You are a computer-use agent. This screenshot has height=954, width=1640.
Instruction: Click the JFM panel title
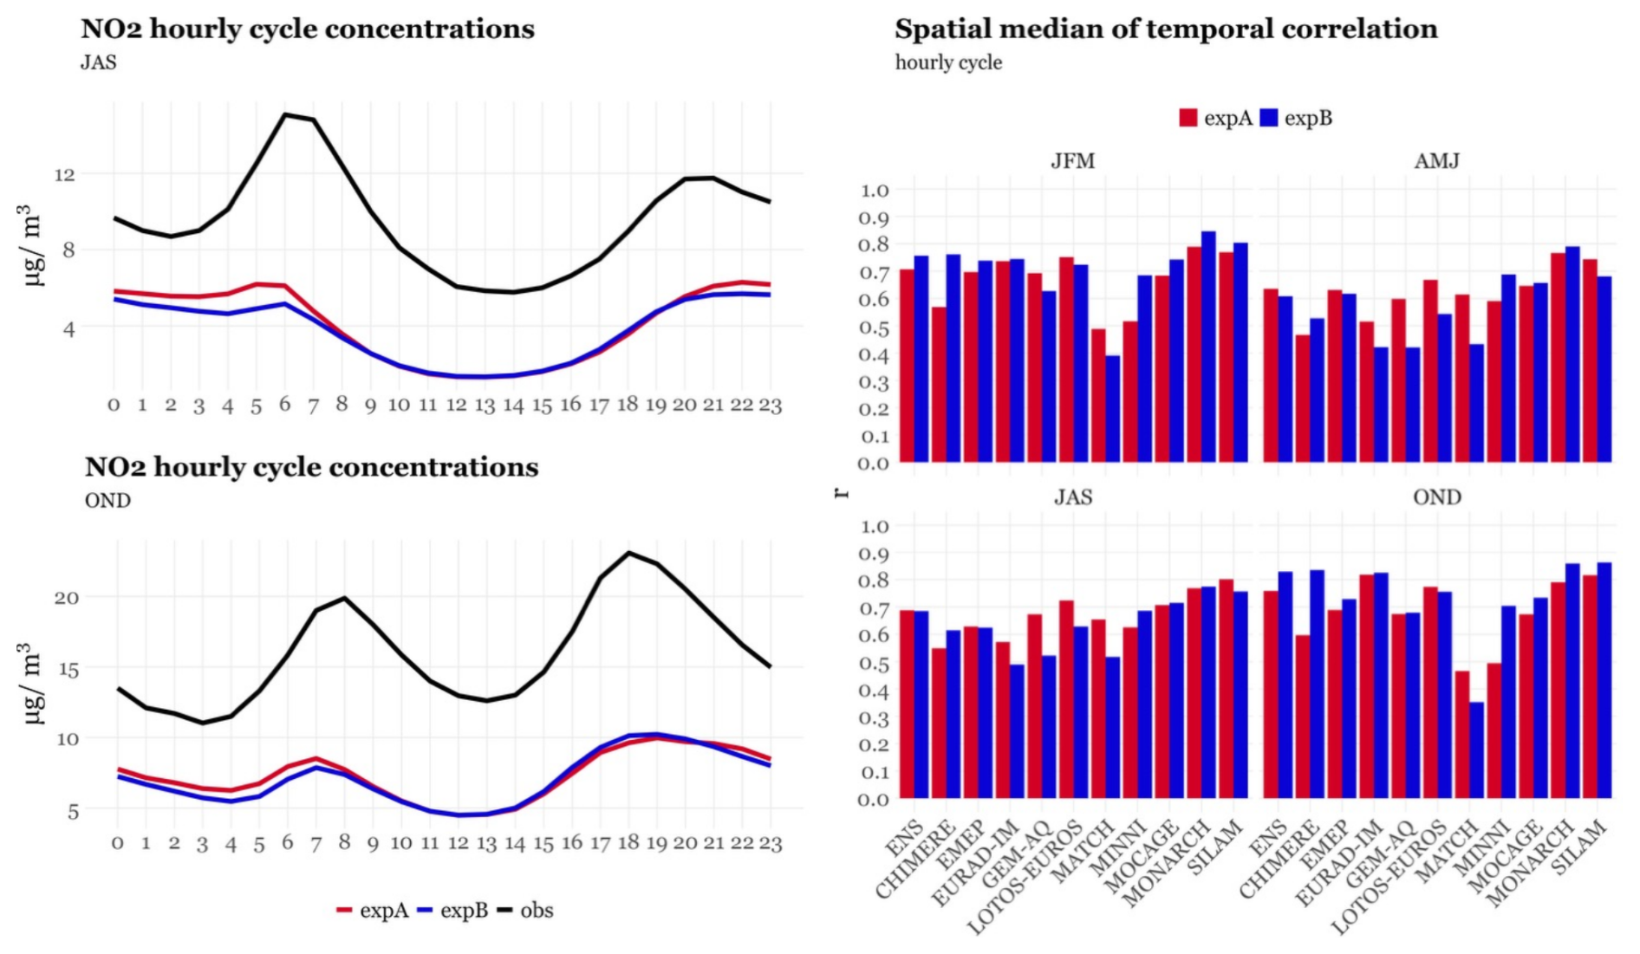tap(1072, 161)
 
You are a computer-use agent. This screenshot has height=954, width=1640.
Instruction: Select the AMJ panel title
tap(1436, 161)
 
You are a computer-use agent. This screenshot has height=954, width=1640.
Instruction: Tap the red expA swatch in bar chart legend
tap(1188, 118)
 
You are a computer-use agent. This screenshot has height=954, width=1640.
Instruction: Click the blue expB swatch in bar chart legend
tap(1268, 118)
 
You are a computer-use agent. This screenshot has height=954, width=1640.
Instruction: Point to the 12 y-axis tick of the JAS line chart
tap(64, 174)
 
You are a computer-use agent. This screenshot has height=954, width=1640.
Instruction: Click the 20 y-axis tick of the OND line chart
tap(66, 598)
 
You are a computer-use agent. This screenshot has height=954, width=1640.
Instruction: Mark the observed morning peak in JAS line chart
tap(285, 114)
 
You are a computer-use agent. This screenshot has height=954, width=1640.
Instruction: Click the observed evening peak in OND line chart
tap(628, 553)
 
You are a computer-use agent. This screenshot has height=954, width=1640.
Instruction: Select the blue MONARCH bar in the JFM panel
tap(1208, 347)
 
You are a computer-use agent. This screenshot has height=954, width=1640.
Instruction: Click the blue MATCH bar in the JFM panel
tap(1112, 408)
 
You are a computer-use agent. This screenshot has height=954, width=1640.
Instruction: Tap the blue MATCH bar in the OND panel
tap(1476, 750)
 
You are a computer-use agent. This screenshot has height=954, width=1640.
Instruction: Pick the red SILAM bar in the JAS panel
tap(1226, 688)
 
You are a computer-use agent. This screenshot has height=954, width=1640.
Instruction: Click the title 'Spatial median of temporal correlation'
tap(1166, 29)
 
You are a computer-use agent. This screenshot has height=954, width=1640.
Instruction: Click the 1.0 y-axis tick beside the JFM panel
tap(874, 190)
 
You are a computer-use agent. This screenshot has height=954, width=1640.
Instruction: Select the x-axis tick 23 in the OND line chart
tap(771, 843)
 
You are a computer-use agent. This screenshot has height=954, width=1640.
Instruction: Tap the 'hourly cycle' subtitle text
tap(948, 62)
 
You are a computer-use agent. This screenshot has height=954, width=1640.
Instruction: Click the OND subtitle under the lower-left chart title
tap(107, 501)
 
